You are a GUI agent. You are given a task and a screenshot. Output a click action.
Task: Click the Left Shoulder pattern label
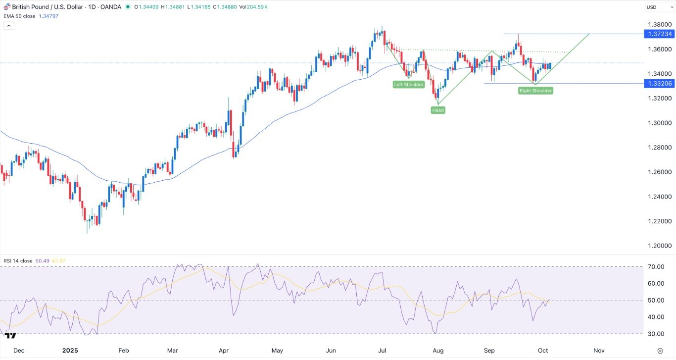click(x=408, y=85)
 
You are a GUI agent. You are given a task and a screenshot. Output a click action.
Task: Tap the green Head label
click(x=438, y=110)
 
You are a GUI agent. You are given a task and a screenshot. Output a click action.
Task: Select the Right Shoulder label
click(x=535, y=91)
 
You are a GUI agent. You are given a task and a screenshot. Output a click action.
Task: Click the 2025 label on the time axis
click(x=70, y=351)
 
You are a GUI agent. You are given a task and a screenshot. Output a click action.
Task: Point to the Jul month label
click(x=382, y=351)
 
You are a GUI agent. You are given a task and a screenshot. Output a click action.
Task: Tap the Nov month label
click(x=599, y=351)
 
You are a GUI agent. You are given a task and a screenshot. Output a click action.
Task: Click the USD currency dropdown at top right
click(x=657, y=7)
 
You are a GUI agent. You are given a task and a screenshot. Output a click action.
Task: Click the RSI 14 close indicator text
click(x=18, y=260)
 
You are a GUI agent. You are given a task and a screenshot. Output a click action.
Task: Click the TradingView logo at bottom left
click(x=10, y=336)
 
